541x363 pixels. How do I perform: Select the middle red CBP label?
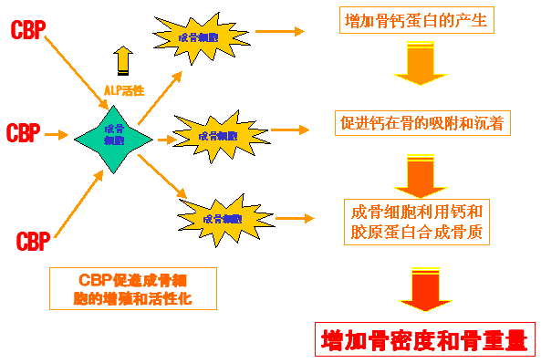pyautogui.click(x=23, y=133)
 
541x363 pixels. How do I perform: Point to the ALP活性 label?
pyautogui.click(x=123, y=90)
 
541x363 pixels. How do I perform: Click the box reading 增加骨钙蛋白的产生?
pyautogui.click(x=416, y=20)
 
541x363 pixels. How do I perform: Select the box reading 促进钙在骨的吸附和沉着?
pyautogui.click(x=421, y=123)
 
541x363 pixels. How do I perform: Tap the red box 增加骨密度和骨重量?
pyautogui.click(x=425, y=339)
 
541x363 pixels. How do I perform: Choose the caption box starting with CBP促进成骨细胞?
pyautogui.click(x=132, y=288)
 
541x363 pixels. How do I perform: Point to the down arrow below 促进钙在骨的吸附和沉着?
pyautogui.click(x=418, y=171)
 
